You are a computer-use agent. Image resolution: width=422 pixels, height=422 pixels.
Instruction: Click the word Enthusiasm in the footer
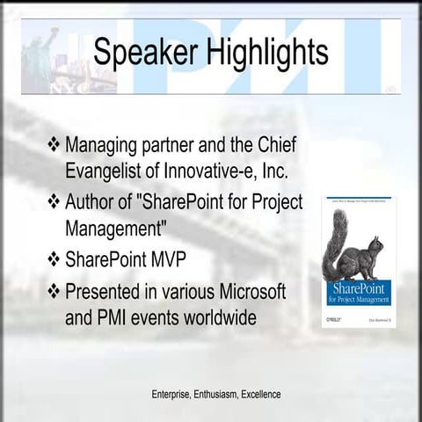[215, 393]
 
